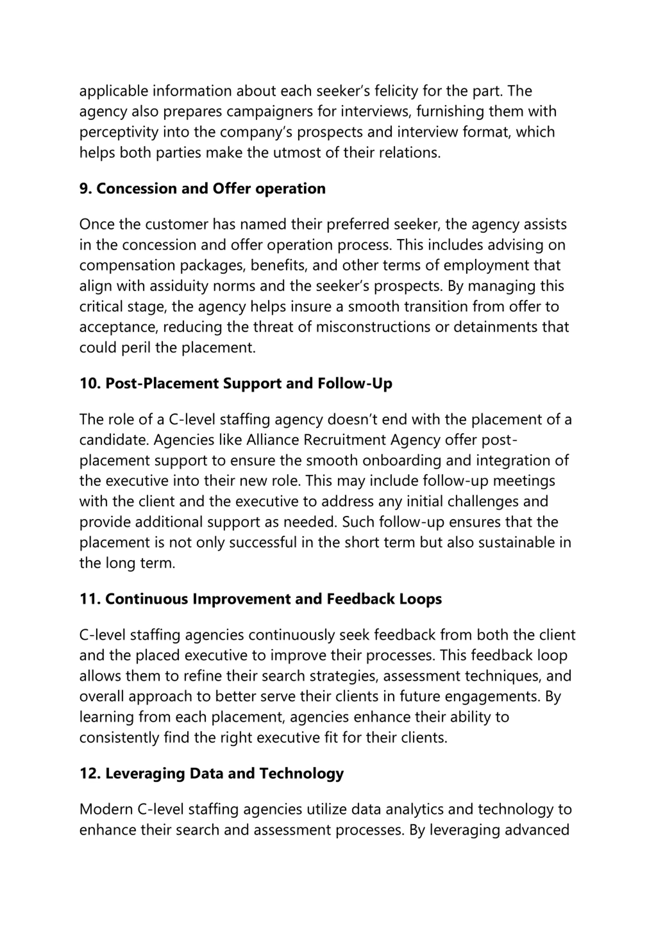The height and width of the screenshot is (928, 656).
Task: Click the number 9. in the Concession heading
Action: (85, 188)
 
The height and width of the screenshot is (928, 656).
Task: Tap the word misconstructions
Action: (373, 327)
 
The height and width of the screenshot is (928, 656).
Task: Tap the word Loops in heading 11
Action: (420, 599)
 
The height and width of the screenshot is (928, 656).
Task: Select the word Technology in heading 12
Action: (301, 773)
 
